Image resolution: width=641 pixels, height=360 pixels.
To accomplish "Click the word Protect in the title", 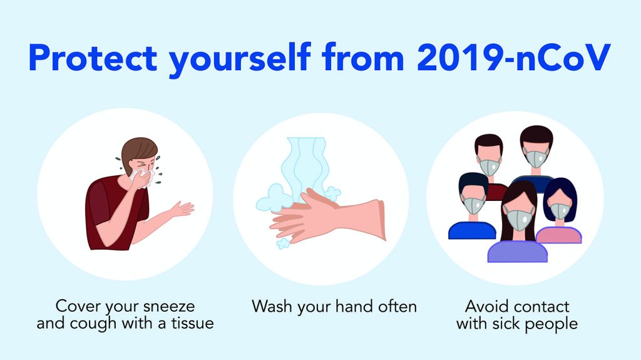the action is click(x=93, y=58).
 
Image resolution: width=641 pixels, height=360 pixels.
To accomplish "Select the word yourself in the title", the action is click(x=240, y=59).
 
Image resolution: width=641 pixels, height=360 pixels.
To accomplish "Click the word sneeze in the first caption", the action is click(x=169, y=306).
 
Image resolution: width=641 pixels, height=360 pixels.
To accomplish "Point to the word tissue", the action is click(x=192, y=323).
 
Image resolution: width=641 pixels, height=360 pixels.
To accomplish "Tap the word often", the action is click(x=397, y=306).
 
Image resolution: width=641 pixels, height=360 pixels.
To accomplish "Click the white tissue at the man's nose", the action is click(x=141, y=177).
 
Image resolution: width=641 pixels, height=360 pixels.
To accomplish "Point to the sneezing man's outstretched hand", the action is click(x=183, y=208).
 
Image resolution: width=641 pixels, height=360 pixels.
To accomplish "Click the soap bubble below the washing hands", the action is click(x=283, y=244).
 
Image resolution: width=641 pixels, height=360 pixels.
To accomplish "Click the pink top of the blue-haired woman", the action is click(x=559, y=235).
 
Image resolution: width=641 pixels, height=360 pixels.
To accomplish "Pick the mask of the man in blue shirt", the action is click(x=473, y=205).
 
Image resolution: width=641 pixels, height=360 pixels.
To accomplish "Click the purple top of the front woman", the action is click(x=518, y=252).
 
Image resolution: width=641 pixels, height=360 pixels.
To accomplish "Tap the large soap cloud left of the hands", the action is click(x=272, y=198).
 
